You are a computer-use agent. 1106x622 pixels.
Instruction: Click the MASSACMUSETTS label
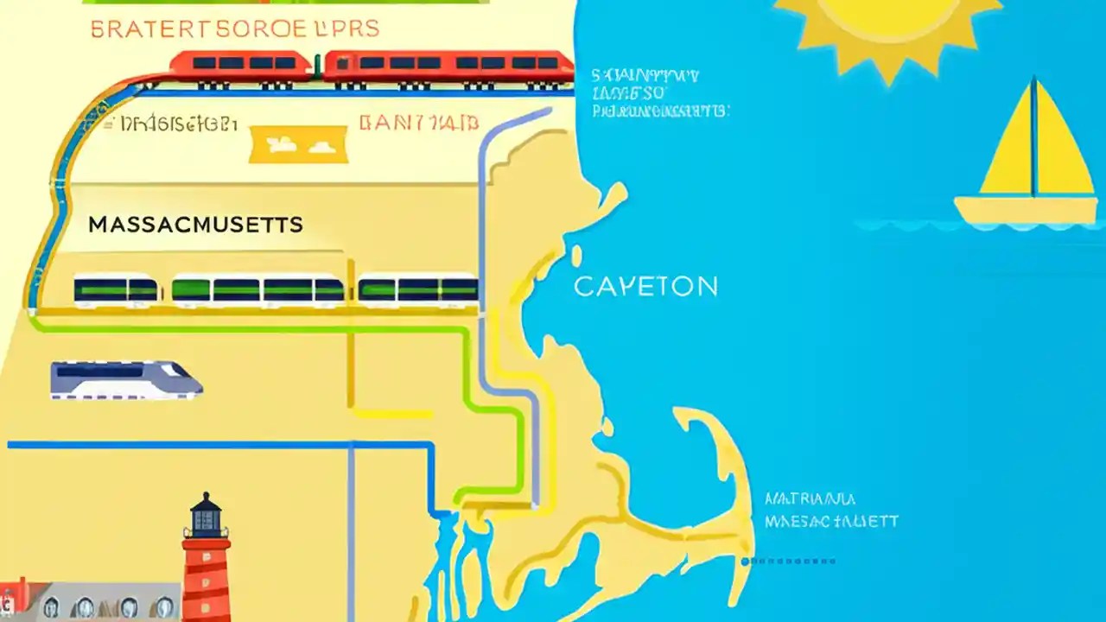(x=195, y=225)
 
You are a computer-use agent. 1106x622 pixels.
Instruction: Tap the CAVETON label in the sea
(x=645, y=287)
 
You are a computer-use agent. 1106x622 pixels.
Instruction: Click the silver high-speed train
(x=125, y=380)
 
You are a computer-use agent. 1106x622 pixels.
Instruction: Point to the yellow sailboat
(x=1028, y=164)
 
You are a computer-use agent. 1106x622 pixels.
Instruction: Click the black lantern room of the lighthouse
(x=205, y=516)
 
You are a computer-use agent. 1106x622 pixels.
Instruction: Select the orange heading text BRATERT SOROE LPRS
(x=234, y=29)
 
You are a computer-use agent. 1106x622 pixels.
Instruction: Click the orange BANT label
(x=418, y=123)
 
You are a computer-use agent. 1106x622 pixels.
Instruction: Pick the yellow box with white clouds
(x=298, y=144)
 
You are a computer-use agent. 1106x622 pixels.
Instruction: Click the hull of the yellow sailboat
(x=1025, y=211)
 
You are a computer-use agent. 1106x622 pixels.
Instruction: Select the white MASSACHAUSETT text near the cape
(x=831, y=522)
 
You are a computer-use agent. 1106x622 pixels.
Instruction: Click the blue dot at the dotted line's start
(x=745, y=562)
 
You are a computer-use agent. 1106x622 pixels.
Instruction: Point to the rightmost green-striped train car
(x=418, y=290)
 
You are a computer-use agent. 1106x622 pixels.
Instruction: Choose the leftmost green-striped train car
(x=117, y=290)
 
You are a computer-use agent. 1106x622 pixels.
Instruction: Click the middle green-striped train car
(x=258, y=290)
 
